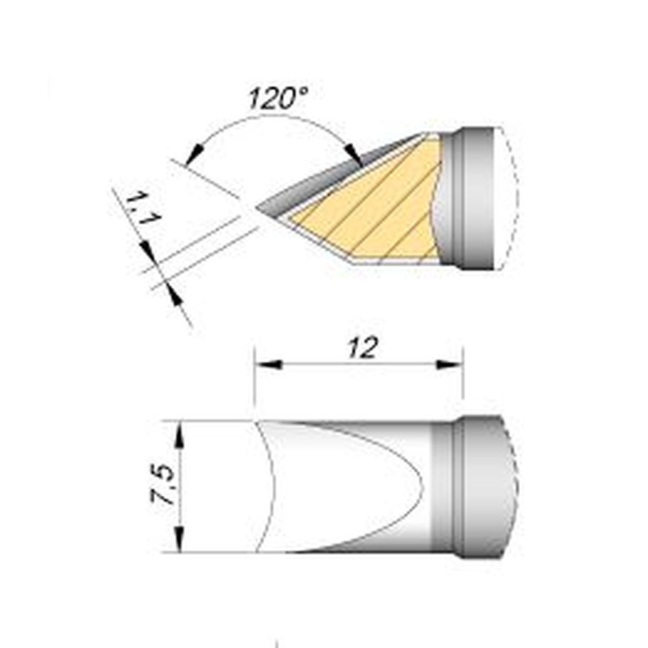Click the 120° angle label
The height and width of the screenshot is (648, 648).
pyautogui.click(x=278, y=98)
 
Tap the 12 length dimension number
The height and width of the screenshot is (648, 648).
pyautogui.click(x=362, y=348)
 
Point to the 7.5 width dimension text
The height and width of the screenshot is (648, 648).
pyautogui.click(x=163, y=484)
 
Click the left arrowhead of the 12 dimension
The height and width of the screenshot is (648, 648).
pyautogui.click(x=268, y=364)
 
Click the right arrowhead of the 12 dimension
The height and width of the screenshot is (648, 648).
pyautogui.click(x=449, y=364)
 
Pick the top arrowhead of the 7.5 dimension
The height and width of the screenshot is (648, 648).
pyautogui.click(x=179, y=435)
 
